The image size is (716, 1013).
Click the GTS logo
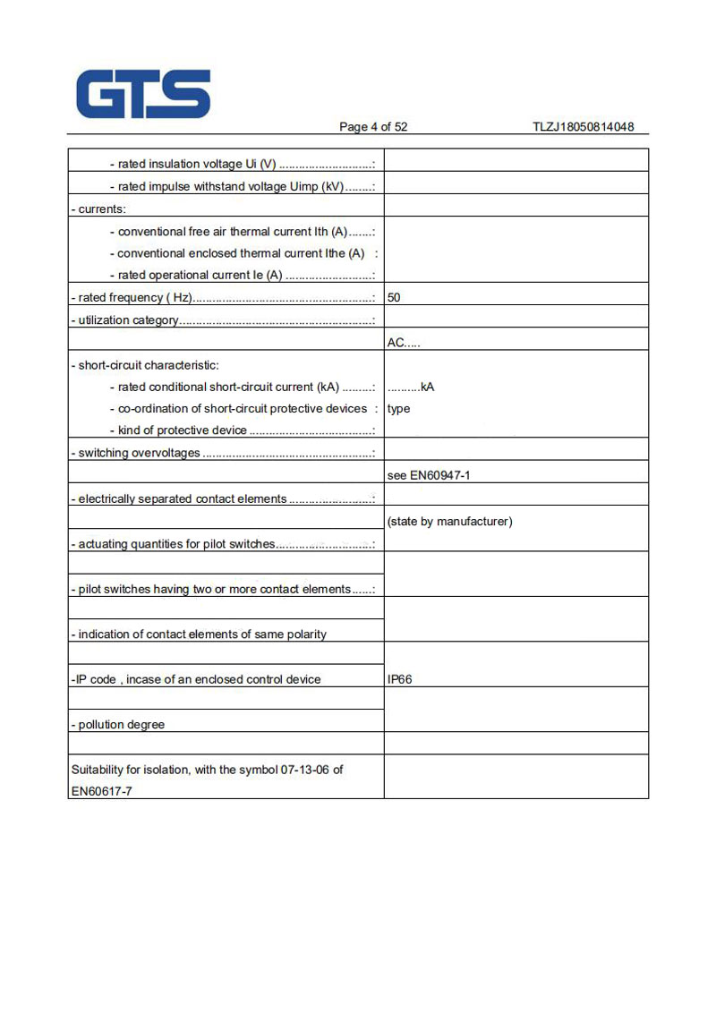143,94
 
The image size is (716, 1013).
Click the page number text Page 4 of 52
373,127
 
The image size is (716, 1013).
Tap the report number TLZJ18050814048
583,127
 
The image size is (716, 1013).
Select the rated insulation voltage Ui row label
242,165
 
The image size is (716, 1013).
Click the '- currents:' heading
98,209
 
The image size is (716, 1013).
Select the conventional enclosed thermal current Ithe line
242,253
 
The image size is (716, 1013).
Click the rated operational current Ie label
242,276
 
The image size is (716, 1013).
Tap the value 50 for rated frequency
394,298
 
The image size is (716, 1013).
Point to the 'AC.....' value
404,343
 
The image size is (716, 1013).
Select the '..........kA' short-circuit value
411,387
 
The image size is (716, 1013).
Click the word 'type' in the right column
399,409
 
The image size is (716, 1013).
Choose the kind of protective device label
242,431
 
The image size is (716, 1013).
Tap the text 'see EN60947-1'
429,476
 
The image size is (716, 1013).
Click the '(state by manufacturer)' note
449,522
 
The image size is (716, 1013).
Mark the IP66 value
400,680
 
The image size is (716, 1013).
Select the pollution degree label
118,725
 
